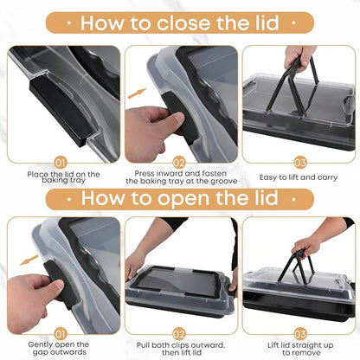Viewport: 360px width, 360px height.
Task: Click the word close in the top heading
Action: point(183,23)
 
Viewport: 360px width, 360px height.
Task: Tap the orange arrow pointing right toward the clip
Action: point(137,93)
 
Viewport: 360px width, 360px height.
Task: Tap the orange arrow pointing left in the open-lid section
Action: point(29,260)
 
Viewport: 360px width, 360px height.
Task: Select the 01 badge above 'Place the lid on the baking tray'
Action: point(60,164)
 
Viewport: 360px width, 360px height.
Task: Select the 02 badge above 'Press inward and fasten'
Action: point(179,164)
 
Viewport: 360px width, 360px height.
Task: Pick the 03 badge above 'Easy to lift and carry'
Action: point(299,164)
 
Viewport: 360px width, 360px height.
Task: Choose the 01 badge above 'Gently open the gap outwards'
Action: point(60,334)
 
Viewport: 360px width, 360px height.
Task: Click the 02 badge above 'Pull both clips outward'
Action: point(179,334)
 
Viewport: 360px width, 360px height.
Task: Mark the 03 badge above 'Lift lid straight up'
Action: point(299,334)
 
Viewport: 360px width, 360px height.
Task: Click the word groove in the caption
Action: point(223,182)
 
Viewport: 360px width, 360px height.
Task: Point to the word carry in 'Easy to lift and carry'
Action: point(326,177)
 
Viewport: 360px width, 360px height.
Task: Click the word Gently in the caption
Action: point(40,344)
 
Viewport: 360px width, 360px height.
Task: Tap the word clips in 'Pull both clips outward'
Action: point(180,345)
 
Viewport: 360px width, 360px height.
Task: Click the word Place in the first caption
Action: point(37,175)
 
